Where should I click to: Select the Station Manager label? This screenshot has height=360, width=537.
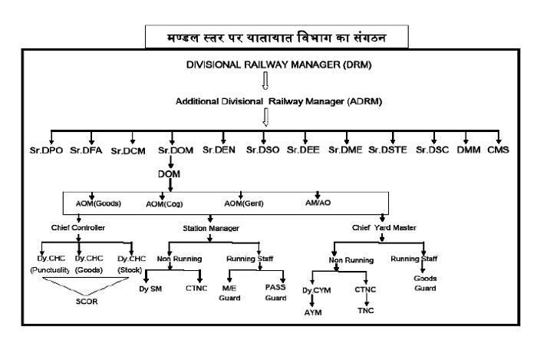pyautogui.click(x=211, y=229)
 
